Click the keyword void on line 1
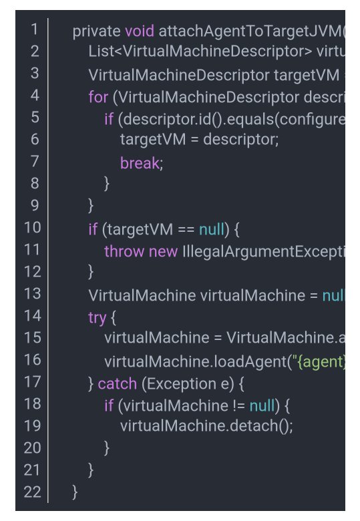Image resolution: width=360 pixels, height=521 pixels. click(140, 31)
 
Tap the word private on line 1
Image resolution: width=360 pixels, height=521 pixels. click(97, 31)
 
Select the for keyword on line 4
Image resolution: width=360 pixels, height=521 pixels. click(98, 98)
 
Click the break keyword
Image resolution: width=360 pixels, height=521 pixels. click(140, 163)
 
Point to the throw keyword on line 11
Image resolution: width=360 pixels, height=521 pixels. click(124, 252)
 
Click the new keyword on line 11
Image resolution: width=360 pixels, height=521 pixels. click(164, 252)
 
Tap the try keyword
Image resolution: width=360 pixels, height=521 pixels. click(98, 319)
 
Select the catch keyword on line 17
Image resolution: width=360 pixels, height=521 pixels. click(118, 384)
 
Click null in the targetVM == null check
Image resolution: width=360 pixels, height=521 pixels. click(212, 229)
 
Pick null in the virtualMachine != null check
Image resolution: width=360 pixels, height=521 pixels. click(262, 405)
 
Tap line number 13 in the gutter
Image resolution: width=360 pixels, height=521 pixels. click(33, 294)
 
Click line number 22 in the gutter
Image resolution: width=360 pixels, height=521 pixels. click(33, 492)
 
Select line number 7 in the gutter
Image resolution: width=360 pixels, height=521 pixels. click(35, 161)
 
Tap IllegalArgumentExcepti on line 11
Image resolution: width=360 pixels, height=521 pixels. click(264, 252)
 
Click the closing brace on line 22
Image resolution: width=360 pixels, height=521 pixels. click(75, 492)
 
